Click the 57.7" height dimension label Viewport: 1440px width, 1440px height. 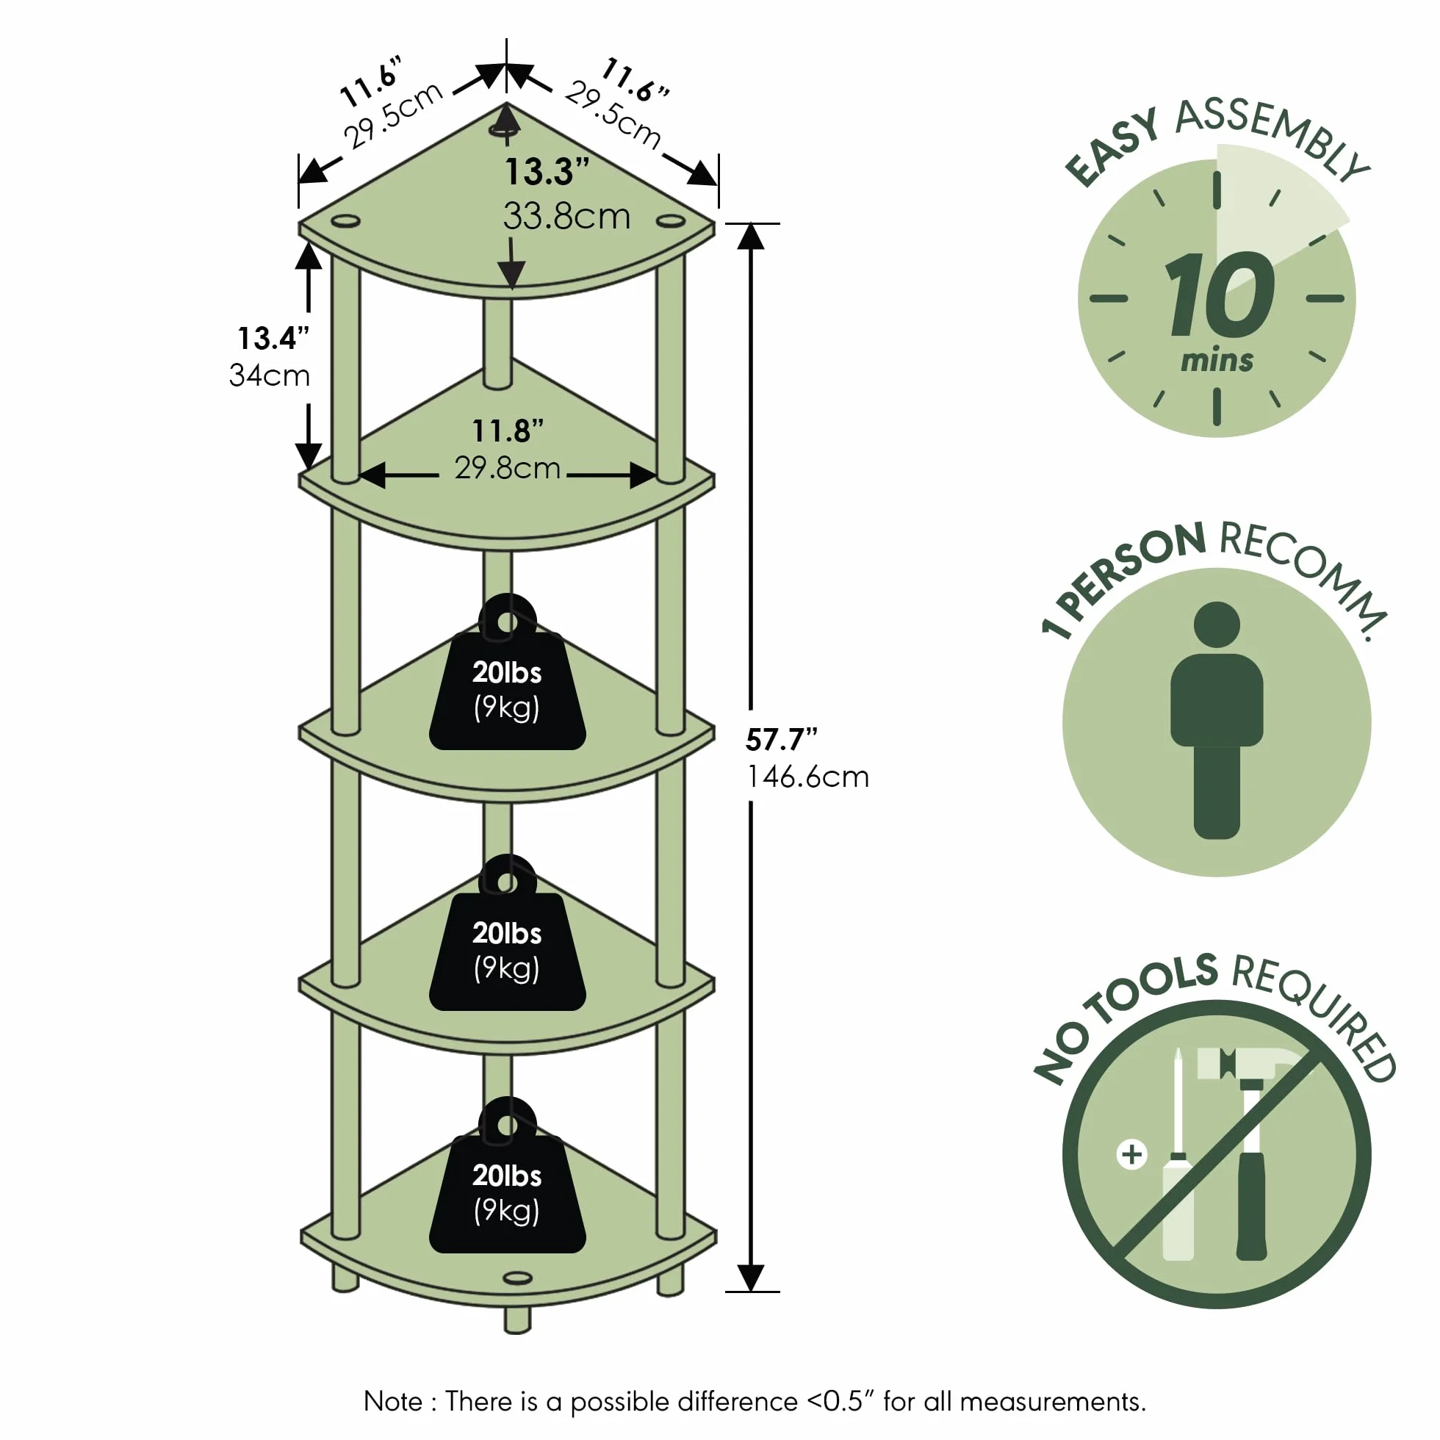click(x=781, y=739)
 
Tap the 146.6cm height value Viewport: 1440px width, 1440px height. click(x=808, y=777)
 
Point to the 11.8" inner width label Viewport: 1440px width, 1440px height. click(x=508, y=430)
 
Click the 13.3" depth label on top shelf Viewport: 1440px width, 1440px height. click(x=547, y=171)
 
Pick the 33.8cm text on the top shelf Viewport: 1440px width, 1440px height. click(x=566, y=216)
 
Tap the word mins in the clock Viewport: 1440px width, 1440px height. click(x=1217, y=361)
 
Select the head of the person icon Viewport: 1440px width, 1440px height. click(x=1217, y=624)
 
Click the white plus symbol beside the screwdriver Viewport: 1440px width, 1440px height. click(x=1131, y=1154)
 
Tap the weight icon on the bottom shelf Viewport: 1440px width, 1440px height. click(x=508, y=1176)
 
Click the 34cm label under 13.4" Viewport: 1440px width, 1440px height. click(x=269, y=375)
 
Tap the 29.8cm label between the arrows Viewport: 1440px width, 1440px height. click(x=508, y=468)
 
